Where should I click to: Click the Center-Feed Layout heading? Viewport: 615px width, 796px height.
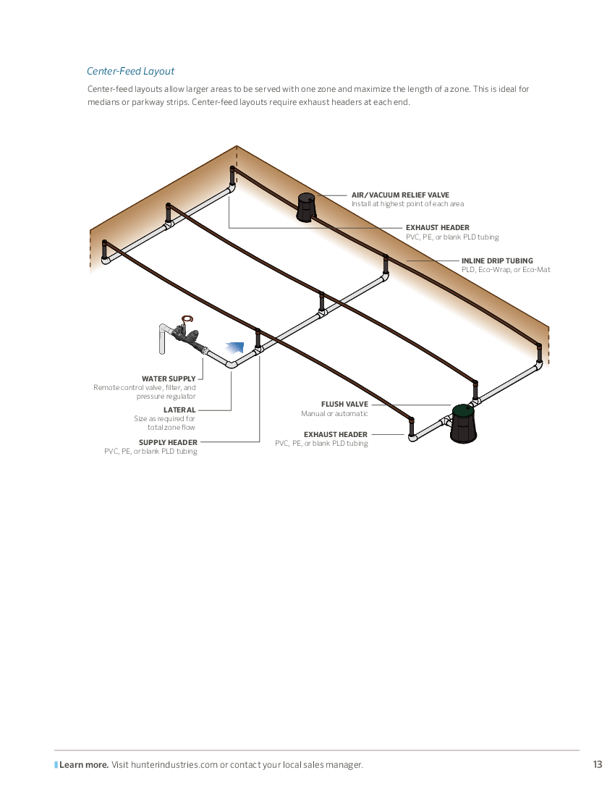tap(130, 72)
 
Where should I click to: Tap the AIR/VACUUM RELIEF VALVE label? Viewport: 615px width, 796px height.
tap(400, 195)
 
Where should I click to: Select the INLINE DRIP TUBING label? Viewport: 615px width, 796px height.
tap(497, 261)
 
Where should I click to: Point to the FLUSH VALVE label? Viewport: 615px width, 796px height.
tap(344, 404)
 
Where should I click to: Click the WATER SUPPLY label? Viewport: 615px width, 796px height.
tap(169, 378)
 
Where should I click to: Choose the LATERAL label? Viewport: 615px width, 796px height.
tap(179, 410)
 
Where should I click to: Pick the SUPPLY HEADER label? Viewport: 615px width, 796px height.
tap(168, 442)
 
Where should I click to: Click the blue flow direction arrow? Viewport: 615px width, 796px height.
tap(235, 348)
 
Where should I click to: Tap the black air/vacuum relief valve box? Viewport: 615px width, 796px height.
tap(306, 207)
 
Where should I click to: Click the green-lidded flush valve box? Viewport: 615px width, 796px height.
tap(464, 423)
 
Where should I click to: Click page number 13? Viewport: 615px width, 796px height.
tap(597, 765)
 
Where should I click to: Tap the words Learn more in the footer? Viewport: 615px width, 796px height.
tap(84, 765)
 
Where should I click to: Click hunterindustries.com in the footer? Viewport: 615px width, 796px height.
tap(174, 765)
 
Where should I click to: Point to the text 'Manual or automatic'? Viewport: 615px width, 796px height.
tap(334, 414)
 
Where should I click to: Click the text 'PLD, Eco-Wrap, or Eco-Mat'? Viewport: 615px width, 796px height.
tap(506, 270)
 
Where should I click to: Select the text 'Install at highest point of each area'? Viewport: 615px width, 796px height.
tap(407, 204)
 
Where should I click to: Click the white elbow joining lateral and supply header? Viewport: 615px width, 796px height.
tap(231, 363)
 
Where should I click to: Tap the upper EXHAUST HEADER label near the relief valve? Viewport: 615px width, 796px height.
tap(438, 227)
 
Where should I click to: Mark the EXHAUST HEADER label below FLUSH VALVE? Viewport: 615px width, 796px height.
tap(336, 435)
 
